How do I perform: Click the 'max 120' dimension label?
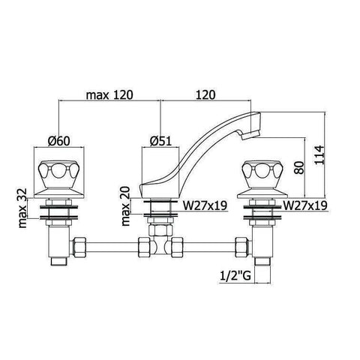[109, 95]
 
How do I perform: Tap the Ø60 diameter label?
[59, 141]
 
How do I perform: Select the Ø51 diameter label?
[160, 142]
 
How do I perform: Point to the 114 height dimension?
[319, 154]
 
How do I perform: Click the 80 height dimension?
[299, 168]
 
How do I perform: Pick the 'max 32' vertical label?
[22, 208]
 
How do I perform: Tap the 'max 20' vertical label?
[126, 206]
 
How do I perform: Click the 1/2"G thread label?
[235, 276]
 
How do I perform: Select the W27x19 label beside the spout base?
[205, 205]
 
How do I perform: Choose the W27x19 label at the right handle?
[305, 205]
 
